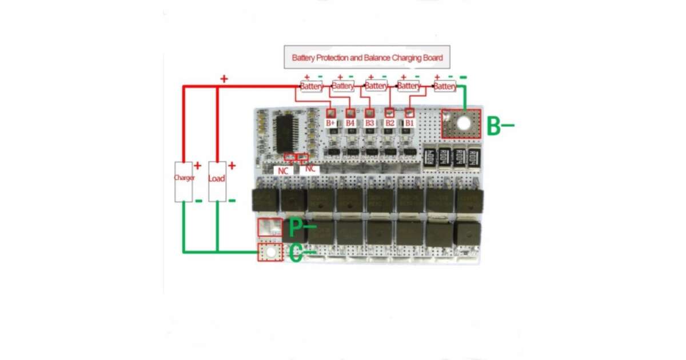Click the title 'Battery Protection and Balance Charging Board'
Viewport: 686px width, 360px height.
click(x=367, y=58)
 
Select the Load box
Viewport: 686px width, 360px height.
click(x=217, y=181)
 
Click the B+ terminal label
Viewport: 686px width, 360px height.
click(x=330, y=123)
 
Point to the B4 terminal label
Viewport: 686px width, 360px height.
click(x=350, y=123)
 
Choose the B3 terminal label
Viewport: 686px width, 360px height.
click(x=369, y=123)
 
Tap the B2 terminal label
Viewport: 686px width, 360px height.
click(x=389, y=123)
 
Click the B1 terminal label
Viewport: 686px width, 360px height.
click(x=409, y=123)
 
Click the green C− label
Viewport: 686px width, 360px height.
click(x=302, y=252)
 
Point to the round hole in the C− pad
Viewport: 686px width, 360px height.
click(x=270, y=252)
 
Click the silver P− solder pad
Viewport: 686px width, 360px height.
click(x=269, y=227)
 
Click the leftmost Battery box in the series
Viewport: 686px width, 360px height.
click(x=312, y=86)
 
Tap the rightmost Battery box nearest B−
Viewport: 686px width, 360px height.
click(x=445, y=86)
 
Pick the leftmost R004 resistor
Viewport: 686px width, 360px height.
click(x=430, y=158)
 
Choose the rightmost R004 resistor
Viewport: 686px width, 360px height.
click(x=474, y=158)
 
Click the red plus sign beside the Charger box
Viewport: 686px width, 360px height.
click(x=198, y=166)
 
